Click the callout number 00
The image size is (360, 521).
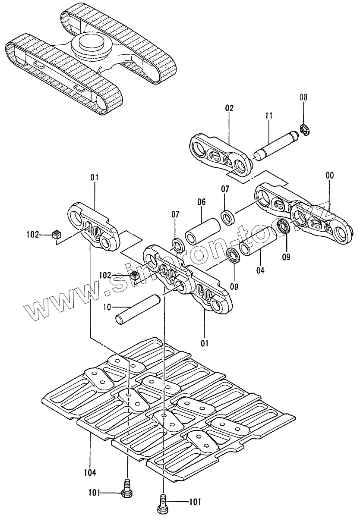(x=329, y=175)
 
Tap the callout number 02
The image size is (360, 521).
(x=229, y=108)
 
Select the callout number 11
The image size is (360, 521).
(x=268, y=116)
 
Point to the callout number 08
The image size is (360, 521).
(x=304, y=97)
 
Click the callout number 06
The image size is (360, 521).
(x=201, y=202)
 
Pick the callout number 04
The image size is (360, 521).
(x=260, y=271)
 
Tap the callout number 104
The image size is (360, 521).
(x=90, y=471)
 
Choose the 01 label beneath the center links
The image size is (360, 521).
(x=204, y=343)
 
